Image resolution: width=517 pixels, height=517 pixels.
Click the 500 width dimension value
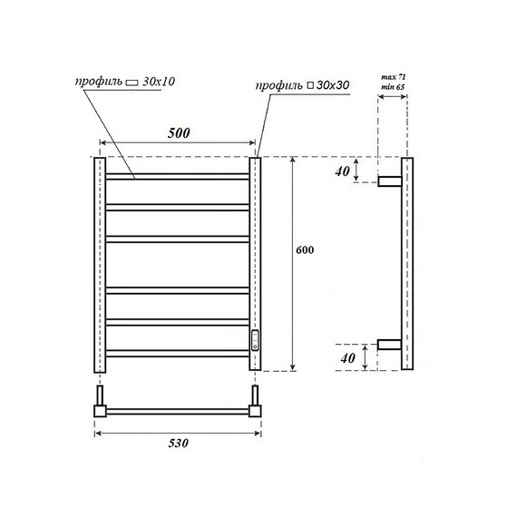point(179,132)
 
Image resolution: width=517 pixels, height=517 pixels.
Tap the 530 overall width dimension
point(178,444)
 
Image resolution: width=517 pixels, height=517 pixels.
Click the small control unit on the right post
point(256,339)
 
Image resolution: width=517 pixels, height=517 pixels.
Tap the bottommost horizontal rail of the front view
point(177,354)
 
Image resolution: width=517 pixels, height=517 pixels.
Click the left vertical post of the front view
point(99,263)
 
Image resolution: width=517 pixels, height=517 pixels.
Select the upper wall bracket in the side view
point(390,180)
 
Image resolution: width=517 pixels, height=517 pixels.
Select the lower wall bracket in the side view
point(390,345)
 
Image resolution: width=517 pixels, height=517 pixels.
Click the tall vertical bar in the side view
point(407,263)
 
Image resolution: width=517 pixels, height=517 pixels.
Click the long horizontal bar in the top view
point(177,411)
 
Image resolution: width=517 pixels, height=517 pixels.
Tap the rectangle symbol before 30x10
point(131,82)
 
